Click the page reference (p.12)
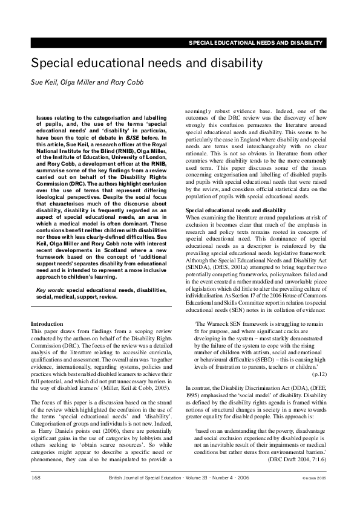pos(319,357)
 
